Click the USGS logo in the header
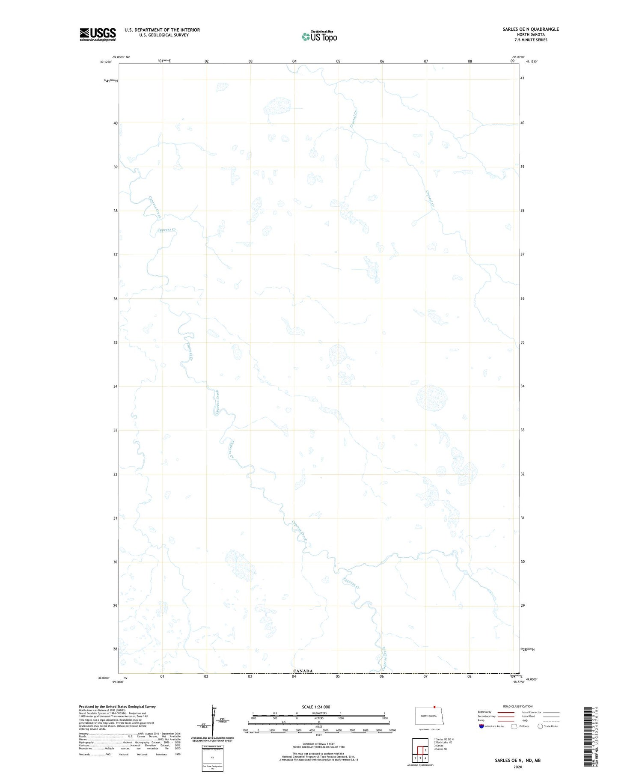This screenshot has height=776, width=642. point(98,34)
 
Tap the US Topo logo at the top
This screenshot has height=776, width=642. point(319,36)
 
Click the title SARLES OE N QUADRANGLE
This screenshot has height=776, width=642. point(531,29)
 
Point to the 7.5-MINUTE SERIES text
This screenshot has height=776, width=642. point(531,40)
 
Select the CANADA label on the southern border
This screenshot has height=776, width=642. point(303,671)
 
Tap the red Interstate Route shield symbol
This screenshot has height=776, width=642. point(481,726)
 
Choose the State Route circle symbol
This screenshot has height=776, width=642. point(540,726)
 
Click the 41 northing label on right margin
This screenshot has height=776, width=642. point(522,78)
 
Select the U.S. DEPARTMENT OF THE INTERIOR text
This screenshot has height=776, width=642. point(162,30)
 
